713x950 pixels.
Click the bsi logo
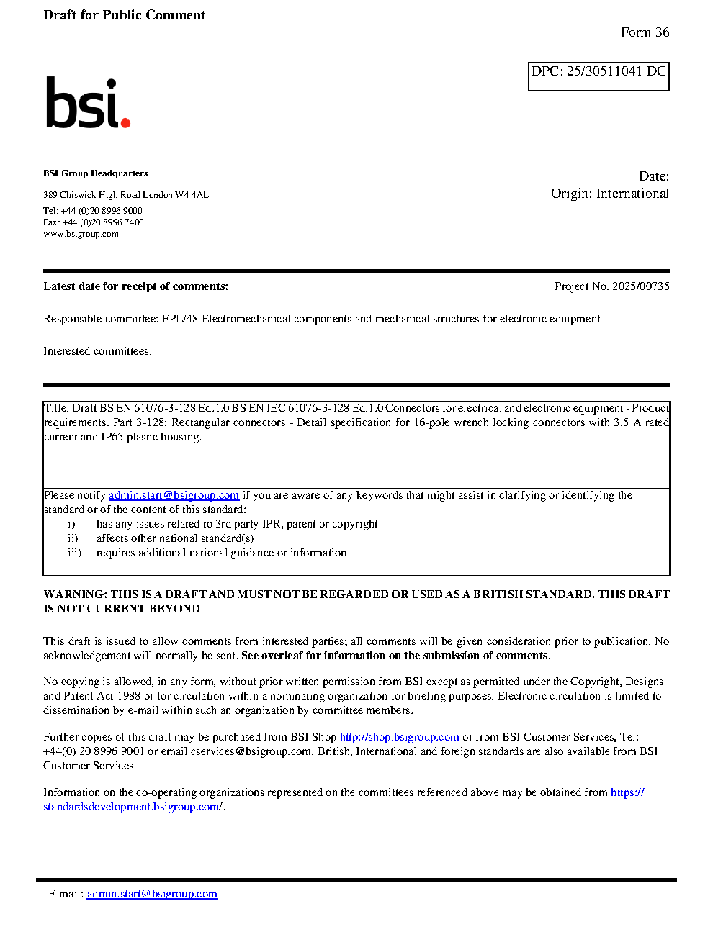coord(87,104)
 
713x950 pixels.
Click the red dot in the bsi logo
coord(125,123)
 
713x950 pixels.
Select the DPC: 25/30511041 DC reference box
coord(598,76)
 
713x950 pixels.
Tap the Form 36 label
coord(645,32)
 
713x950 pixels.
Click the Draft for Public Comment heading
coord(124,15)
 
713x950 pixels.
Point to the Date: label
coord(653,176)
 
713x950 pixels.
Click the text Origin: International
coord(609,194)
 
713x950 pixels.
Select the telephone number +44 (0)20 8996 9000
coord(102,211)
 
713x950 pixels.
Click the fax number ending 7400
coord(103,222)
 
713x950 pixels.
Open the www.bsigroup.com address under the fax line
coord(81,234)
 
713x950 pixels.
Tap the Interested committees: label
coord(97,351)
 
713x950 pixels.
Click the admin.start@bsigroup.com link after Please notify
coord(174,495)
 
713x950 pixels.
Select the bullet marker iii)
coord(74,553)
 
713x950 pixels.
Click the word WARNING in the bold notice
coord(75,594)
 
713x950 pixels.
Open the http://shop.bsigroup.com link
coord(399,737)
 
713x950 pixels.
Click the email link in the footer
coord(152,894)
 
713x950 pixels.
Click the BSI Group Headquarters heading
coord(95,173)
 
